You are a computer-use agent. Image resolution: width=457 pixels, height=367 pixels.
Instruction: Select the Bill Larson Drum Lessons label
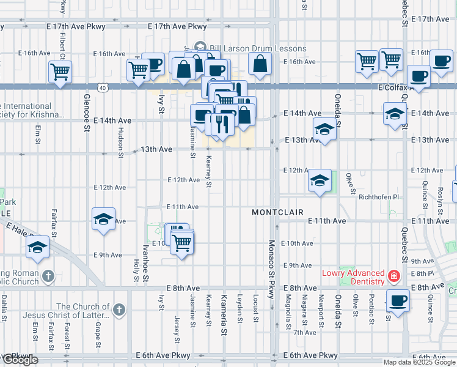click(257, 48)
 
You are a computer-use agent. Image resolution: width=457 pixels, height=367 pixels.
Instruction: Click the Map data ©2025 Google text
click(419, 362)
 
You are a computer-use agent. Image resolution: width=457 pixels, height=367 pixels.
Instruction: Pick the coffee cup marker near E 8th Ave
click(398, 300)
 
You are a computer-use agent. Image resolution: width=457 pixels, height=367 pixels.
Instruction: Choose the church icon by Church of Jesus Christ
click(119, 310)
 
